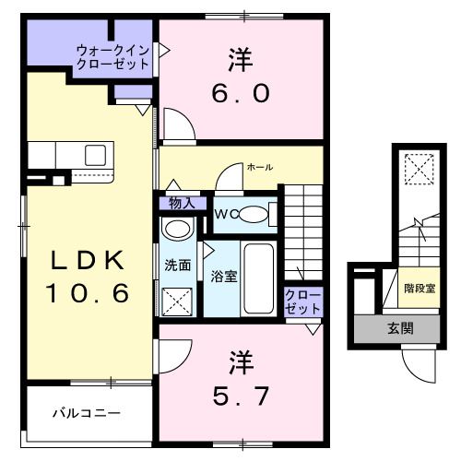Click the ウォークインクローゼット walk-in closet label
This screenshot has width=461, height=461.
pyautogui.click(x=112, y=57)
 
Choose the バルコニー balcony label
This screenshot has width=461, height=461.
pyautogui.click(x=85, y=413)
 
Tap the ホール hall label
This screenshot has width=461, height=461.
pyautogui.click(x=259, y=167)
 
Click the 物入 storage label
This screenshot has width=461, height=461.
pyautogui.click(x=181, y=203)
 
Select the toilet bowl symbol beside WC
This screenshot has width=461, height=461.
pyautogui.click(x=257, y=216)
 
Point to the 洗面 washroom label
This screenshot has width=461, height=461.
pyautogui.click(x=178, y=266)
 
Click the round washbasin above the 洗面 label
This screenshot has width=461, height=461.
pyautogui.click(x=175, y=230)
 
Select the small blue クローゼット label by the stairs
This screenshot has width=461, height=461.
pyautogui.click(x=302, y=301)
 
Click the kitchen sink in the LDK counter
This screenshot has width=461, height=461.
pyautogui.click(x=96, y=155)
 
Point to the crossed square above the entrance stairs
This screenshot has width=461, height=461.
pyautogui.click(x=420, y=170)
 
